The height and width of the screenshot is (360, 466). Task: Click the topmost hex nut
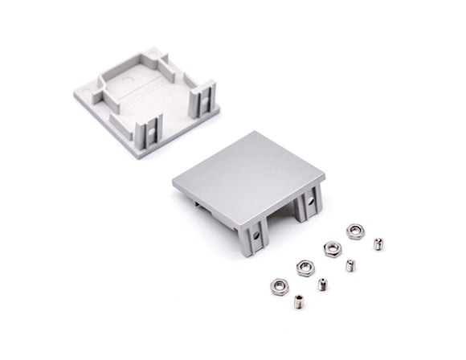(354, 231)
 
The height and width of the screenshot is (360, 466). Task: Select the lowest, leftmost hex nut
(279, 285)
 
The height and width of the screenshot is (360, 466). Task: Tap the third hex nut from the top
(305, 267)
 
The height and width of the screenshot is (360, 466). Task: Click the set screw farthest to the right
(378, 243)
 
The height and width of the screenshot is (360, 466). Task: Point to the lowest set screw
(300, 303)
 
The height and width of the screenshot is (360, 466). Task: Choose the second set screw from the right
(350, 264)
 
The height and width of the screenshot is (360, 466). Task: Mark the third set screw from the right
(322, 284)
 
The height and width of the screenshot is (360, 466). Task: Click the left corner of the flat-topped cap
(174, 182)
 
